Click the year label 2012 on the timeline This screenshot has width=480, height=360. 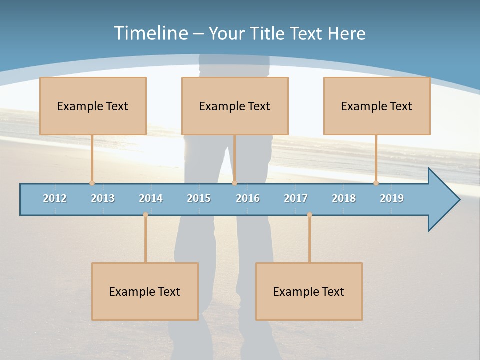pyautogui.click(x=55, y=198)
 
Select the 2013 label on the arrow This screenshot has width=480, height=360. pyautogui.click(x=103, y=198)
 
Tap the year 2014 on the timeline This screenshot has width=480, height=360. pyautogui.click(x=151, y=198)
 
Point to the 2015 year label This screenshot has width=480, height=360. pyautogui.click(x=199, y=198)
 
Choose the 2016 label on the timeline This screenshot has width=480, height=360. pyautogui.click(x=248, y=198)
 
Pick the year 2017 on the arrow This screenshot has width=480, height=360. pyautogui.click(x=296, y=198)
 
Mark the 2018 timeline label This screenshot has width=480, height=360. pyautogui.click(x=344, y=198)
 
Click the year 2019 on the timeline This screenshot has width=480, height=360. pyautogui.click(x=392, y=198)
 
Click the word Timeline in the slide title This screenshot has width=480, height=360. pyautogui.click(x=150, y=33)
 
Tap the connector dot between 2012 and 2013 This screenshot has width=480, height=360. pyautogui.click(x=92, y=183)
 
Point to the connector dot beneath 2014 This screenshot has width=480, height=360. pyautogui.click(x=145, y=214)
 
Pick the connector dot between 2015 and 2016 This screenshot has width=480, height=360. pyautogui.click(x=234, y=183)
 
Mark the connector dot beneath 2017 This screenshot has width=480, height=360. pyautogui.click(x=309, y=214)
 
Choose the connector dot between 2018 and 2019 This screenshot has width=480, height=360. pyautogui.click(x=376, y=183)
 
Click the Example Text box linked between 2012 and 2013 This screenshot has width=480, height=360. pyautogui.click(x=93, y=106)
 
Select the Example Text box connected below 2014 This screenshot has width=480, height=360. pyautogui.click(x=145, y=291)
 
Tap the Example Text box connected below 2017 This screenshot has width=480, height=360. pyautogui.click(x=309, y=291)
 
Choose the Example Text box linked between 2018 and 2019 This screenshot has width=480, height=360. pyautogui.click(x=377, y=106)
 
